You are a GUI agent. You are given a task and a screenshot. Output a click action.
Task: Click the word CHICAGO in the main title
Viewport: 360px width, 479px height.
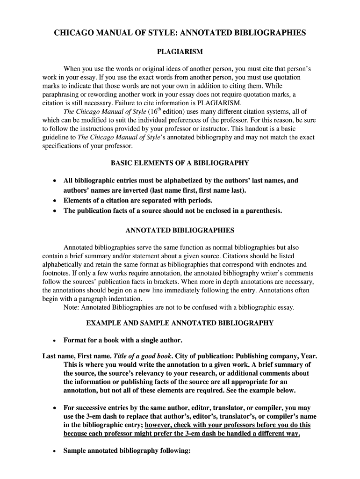pyautogui.click(x=76, y=33)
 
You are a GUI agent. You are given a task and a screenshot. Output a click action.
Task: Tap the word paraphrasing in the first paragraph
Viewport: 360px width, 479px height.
pyautogui.click(x=61, y=94)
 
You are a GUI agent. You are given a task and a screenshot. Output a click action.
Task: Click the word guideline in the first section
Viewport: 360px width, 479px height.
pyautogui.click(x=59, y=137)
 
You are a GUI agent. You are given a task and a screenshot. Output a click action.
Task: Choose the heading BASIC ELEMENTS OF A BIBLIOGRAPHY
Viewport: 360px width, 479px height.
pyautogui.click(x=180, y=163)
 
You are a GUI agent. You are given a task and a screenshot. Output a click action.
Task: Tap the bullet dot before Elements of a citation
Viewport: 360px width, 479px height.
pyautogui.click(x=55, y=201)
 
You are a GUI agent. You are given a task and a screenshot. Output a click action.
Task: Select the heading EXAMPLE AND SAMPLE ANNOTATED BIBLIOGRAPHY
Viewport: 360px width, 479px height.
pyautogui.click(x=180, y=323)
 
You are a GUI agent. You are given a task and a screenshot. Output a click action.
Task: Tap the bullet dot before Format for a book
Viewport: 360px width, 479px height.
pyautogui.click(x=55, y=340)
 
